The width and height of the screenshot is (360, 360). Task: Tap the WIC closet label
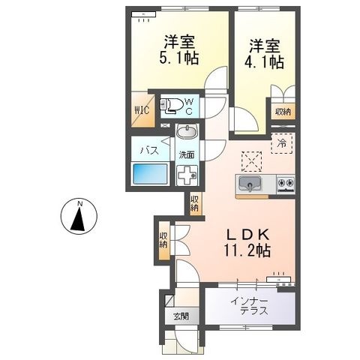[x=142, y=110]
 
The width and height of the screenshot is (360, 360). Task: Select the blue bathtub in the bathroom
[x=150, y=174]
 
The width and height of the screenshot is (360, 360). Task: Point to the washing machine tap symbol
[x=187, y=175]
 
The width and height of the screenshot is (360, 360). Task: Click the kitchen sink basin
[x=250, y=184]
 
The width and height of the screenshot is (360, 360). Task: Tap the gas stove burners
[x=286, y=184]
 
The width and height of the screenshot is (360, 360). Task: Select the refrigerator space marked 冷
[x=282, y=143]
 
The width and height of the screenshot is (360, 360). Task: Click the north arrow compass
[x=79, y=216]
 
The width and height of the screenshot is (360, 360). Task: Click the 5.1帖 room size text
[x=179, y=58]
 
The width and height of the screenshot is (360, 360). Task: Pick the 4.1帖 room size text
[x=264, y=62]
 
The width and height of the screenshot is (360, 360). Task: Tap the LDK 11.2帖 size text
[x=247, y=242]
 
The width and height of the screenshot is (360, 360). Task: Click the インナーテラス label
[x=250, y=306]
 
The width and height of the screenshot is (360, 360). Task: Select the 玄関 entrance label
[x=181, y=316]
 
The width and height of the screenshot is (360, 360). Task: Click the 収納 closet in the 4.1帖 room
[x=283, y=112]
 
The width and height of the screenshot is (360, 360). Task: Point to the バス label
[x=149, y=151]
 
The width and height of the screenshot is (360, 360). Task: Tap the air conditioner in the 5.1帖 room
[x=144, y=14]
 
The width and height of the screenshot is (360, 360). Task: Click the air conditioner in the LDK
[x=279, y=279]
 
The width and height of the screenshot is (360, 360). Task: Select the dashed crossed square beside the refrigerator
[x=251, y=161]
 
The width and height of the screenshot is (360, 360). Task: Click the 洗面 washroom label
[x=187, y=155]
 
